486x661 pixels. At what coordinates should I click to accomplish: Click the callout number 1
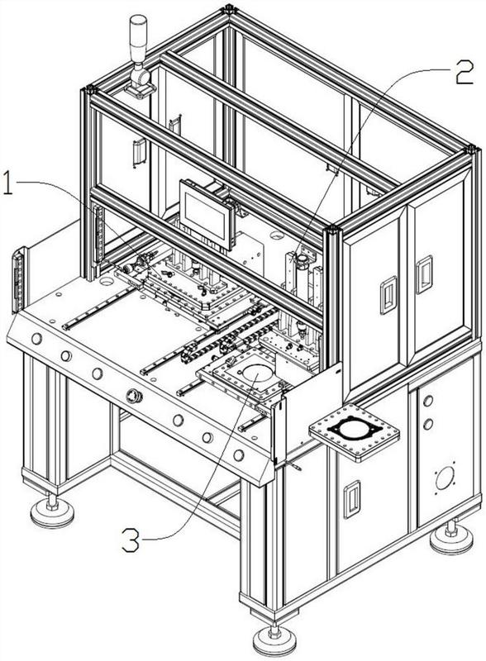point(8,182)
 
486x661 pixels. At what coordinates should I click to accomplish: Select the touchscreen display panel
point(207,214)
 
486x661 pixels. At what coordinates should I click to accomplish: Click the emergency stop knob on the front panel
point(134,396)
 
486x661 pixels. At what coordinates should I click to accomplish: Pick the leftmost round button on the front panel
point(36,338)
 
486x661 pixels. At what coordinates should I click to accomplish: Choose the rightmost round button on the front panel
point(239,455)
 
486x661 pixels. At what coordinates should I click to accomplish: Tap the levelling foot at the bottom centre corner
point(274,641)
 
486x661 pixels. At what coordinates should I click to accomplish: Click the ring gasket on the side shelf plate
point(355,429)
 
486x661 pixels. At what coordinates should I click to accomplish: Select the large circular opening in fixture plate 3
point(257,373)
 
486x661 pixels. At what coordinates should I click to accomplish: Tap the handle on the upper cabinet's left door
point(388,295)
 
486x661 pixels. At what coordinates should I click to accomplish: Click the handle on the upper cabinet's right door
point(424,274)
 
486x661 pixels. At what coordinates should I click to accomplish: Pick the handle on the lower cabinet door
point(352,499)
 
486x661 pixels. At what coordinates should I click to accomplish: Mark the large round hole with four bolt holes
point(445,478)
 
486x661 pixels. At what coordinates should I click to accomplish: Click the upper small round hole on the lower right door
point(428,401)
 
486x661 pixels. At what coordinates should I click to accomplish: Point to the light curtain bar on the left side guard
point(17,280)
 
